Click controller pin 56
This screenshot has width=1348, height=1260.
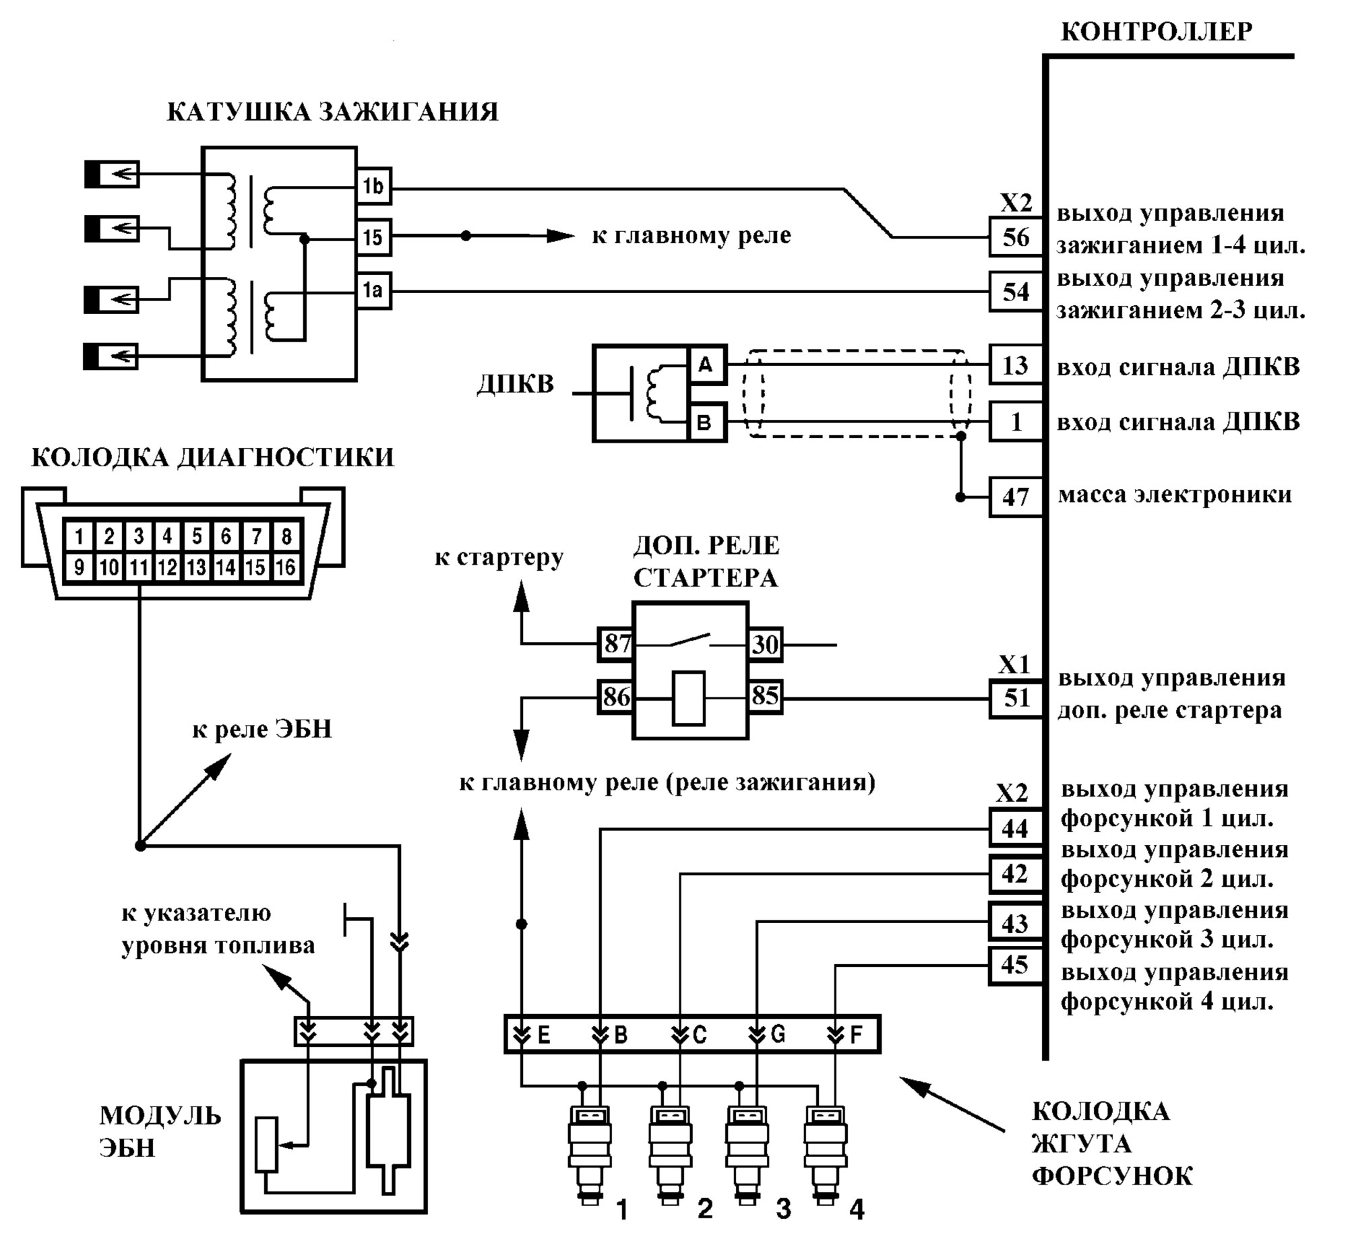[1016, 237]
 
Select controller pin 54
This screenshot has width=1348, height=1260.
[1016, 292]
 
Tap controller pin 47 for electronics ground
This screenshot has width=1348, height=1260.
[1016, 497]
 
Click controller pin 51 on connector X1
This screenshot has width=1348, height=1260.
[1016, 698]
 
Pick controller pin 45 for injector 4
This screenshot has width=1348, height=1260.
[1016, 965]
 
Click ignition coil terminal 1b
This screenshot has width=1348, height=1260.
[373, 186]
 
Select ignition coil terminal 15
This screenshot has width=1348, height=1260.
[373, 237]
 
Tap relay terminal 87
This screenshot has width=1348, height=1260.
[616, 643]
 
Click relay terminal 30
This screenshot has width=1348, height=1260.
[765, 643]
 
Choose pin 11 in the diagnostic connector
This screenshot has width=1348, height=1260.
[139, 567]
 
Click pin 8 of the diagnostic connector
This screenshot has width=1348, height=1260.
[286, 536]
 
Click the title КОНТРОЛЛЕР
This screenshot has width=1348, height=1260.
[1156, 31]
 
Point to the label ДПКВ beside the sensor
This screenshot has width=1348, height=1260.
[516, 383]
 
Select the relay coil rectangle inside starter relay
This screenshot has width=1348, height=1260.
[688, 698]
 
